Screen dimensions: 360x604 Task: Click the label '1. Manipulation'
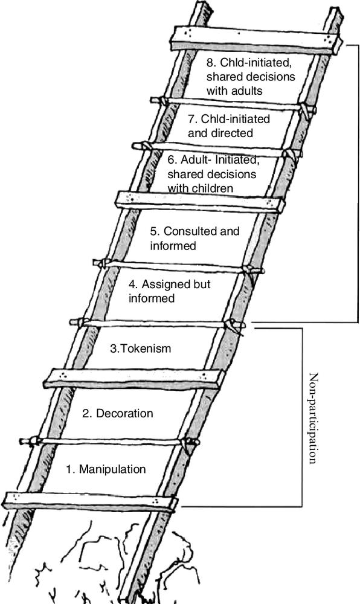pyautogui.click(x=106, y=469)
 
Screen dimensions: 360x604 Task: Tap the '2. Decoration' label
pyautogui.click(x=118, y=413)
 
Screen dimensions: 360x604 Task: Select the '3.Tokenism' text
pyautogui.click(x=141, y=349)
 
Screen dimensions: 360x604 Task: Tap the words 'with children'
pyautogui.click(x=200, y=188)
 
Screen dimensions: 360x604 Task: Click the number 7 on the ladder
pyautogui.click(x=192, y=119)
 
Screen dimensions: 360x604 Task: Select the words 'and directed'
pyautogui.click(x=220, y=133)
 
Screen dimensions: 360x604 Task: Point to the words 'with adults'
pyautogui.click(x=234, y=91)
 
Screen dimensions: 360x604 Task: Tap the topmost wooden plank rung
pyautogui.click(x=256, y=40)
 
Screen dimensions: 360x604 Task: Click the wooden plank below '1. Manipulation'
pyautogui.click(x=91, y=502)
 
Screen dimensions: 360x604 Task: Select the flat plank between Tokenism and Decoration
pyautogui.click(x=134, y=377)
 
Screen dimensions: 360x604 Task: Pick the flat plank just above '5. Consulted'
pyautogui.click(x=201, y=202)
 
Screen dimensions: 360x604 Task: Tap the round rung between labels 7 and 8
pyautogui.click(x=233, y=104)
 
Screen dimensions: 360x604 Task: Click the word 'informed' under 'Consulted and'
pyautogui.click(x=173, y=246)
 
